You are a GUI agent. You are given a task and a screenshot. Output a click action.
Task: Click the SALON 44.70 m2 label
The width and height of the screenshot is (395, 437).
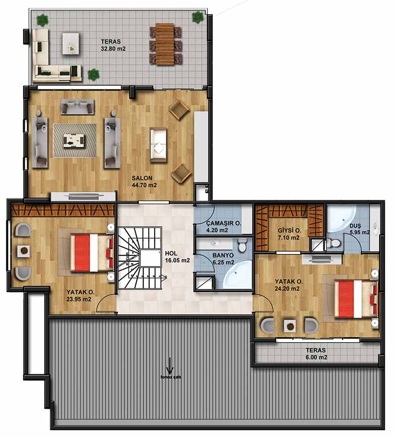[144, 181]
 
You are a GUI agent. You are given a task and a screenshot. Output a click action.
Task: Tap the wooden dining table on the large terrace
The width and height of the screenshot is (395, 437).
[165, 44]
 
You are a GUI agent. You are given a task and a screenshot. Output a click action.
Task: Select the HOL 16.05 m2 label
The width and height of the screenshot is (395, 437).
[177, 257]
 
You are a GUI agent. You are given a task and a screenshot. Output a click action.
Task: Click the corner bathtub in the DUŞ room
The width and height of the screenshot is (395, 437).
[341, 219]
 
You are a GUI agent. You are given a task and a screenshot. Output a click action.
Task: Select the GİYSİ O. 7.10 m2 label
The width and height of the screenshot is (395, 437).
[289, 234]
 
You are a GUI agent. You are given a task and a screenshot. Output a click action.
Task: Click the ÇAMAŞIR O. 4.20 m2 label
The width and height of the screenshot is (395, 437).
[224, 227]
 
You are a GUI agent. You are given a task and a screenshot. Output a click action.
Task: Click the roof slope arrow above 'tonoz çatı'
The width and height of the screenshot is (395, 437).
[169, 366]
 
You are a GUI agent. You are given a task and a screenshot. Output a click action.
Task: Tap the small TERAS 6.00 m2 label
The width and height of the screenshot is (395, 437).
[316, 354]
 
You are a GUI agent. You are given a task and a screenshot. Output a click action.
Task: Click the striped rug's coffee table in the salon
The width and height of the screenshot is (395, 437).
[74, 141]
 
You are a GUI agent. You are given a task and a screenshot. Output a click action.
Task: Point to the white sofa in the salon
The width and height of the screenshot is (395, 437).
[158, 145]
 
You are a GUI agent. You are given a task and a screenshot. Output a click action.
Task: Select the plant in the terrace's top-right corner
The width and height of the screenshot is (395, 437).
[197, 17]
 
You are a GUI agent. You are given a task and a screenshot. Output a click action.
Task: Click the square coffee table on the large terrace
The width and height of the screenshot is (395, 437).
[71, 44]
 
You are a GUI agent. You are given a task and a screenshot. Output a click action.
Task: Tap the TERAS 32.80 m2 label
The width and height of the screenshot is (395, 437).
[113, 45]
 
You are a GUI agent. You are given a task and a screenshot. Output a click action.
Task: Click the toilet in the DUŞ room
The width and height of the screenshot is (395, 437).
[334, 243]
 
